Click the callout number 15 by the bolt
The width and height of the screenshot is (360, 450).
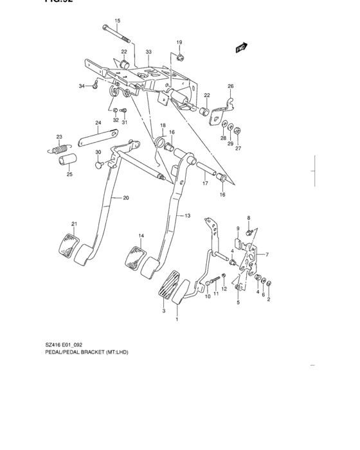click(x=118, y=21)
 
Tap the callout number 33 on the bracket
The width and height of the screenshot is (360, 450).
click(x=148, y=51)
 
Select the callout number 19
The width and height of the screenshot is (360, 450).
click(x=180, y=42)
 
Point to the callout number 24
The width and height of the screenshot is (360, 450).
click(x=98, y=123)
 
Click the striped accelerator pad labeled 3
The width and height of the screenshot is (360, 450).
click(x=169, y=285)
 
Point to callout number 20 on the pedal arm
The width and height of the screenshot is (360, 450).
click(x=126, y=198)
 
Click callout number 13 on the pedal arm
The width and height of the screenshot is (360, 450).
click(x=188, y=215)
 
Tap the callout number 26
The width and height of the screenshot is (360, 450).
click(x=230, y=86)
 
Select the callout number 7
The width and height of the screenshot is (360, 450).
click(x=267, y=255)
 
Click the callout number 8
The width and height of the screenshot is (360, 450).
click(x=249, y=218)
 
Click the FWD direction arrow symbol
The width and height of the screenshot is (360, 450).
click(x=242, y=47)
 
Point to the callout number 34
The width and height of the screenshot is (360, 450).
click(x=82, y=86)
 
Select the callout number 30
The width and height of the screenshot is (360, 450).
click(x=98, y=152)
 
